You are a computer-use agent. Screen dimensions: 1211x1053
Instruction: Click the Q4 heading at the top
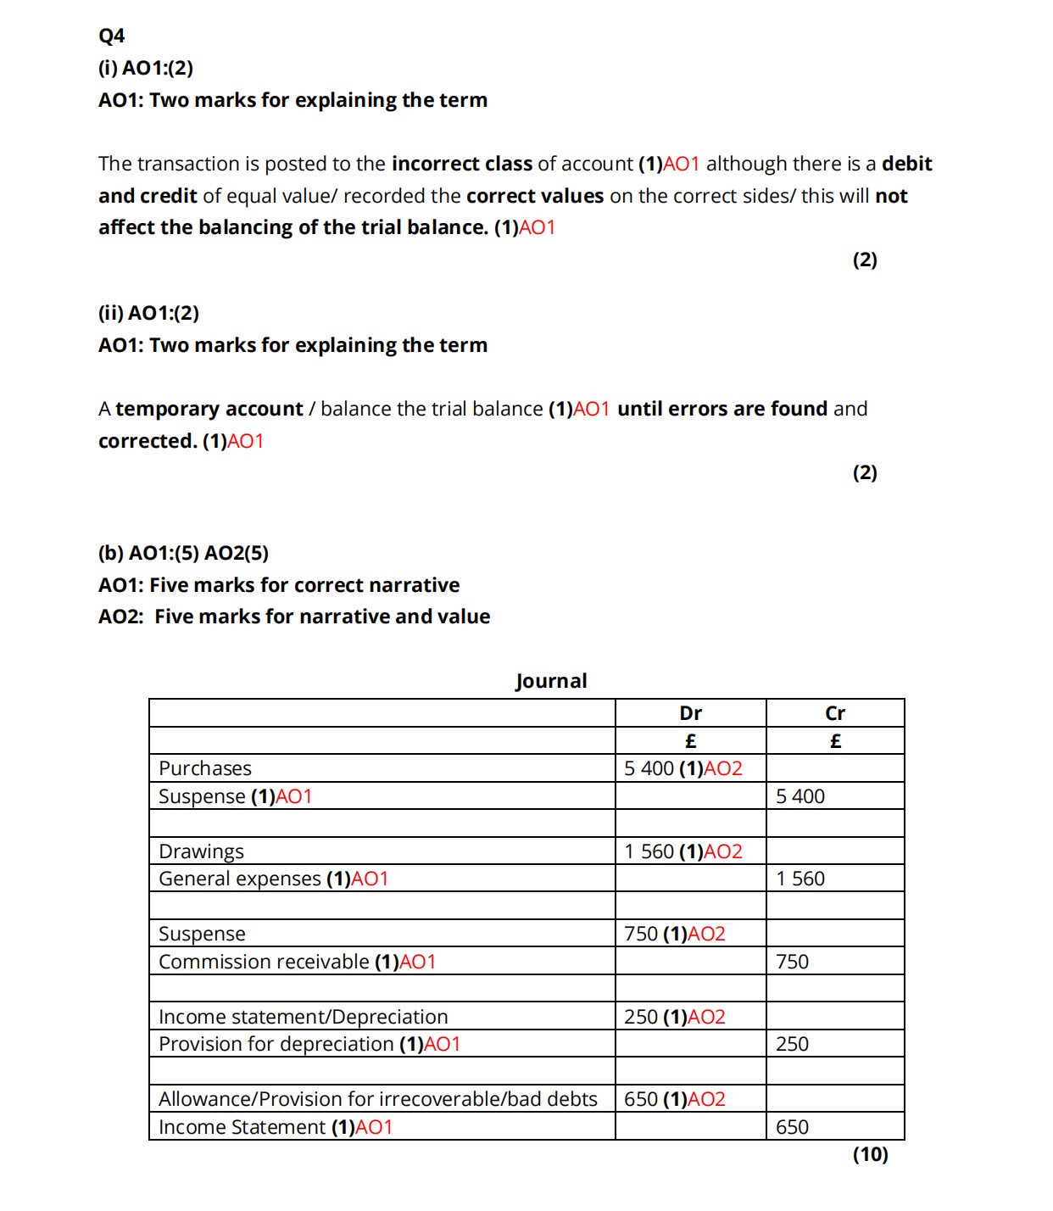point(111,36)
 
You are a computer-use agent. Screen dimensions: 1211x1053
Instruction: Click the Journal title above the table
point(551,681)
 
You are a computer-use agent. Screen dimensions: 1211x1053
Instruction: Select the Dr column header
point(690,713)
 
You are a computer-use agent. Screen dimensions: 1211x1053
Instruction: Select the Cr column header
point(834,713)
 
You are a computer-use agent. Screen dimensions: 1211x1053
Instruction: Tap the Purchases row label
point(205,768)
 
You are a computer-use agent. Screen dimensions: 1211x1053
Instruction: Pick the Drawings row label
point(201,851)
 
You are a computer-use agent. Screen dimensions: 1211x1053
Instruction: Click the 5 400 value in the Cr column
point(799,796)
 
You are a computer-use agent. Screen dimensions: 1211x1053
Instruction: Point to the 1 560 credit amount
point(799,879)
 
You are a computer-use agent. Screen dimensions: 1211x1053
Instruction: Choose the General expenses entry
point(240,879)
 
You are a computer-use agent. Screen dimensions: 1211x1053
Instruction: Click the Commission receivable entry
point(264,962)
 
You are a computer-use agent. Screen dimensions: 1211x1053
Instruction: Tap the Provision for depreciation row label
point(276,1044)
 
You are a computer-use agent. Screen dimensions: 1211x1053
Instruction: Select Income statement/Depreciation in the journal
point(303,1017)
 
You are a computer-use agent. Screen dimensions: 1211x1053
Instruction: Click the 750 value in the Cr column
point(792,962)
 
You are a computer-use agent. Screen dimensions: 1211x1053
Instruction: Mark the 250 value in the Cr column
point(792,1044)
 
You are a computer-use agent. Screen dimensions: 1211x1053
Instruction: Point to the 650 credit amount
point(792,1127)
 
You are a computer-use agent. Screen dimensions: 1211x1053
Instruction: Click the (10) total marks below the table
point(870,1154)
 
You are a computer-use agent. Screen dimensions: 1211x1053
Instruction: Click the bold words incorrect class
point(462,164)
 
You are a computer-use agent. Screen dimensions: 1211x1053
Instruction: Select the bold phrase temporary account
point(209,409)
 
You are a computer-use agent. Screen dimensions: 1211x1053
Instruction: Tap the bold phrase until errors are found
point(722,409)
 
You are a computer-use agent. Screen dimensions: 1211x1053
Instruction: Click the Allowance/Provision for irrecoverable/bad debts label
point(377,1099)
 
